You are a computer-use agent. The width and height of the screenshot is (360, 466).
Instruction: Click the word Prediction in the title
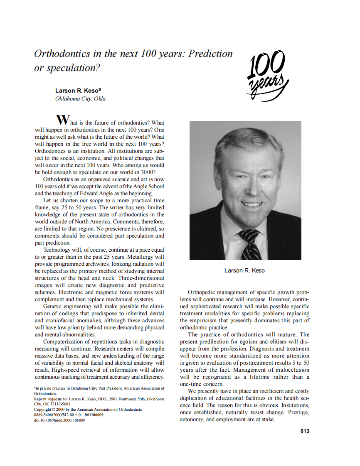click(210, 54)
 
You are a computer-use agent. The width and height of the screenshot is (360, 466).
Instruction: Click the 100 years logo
click(267, 74)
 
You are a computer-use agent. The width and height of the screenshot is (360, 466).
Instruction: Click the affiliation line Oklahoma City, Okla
click(80, 99)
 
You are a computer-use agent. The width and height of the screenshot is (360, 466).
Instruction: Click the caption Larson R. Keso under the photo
click(244, 270)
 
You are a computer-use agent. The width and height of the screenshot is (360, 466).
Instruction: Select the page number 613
click(305, 431)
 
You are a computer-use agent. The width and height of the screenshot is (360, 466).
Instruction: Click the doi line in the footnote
click(59, 420)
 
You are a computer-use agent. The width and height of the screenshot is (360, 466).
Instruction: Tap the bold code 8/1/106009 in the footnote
click(94, 414)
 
